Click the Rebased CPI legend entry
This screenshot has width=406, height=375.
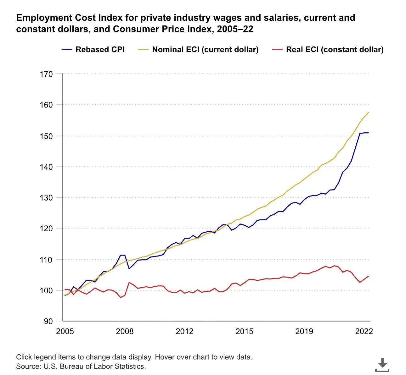pos(100,50)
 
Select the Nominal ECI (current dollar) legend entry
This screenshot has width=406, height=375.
pos(205,50)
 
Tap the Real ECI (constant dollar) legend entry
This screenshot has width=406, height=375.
pos(335,50)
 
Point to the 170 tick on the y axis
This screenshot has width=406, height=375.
pos(46,74)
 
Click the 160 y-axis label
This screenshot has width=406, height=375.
pos(46,105)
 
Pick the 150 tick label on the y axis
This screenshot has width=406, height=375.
pos(46,136)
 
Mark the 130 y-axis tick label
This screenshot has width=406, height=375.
pos(46,198)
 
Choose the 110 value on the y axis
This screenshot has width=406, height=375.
pos(46,260)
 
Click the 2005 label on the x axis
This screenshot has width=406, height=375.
pos(65,331)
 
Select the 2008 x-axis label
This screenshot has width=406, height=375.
pos(125,331)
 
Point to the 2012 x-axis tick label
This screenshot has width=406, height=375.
pos(184,331)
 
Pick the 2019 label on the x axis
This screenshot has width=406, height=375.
pos(304,331)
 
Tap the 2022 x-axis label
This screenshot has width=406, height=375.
pos(364,331)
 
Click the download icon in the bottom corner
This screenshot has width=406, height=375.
pos(382,365)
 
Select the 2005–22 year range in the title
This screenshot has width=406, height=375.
pos(235,29)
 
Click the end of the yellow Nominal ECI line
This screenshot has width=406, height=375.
pos(368,112)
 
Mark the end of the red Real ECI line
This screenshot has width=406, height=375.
pos(368,276)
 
